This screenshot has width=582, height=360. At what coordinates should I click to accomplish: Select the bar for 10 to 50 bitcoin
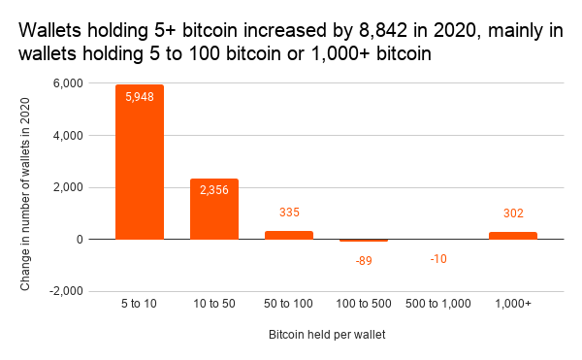click(x=214, y=209)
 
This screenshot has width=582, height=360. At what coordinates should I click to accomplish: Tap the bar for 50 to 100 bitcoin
click(x=289, y=235)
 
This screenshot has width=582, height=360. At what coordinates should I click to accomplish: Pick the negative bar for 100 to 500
click(x=364, y=241)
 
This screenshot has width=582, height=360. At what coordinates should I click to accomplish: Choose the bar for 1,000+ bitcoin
click(x=513, y=235)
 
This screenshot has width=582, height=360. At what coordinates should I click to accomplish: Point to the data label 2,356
click(x=214, y=190)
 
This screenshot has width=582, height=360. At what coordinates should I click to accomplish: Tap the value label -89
click(x=364, y=260)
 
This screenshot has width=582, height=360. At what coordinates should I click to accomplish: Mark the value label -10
click(x=438, y=258)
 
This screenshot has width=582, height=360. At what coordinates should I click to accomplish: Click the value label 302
click(x=513, y=213)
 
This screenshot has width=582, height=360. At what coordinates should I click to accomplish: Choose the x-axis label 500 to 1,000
click(x=438, y=305)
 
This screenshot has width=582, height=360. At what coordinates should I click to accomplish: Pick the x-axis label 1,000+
click(x=513, y=305)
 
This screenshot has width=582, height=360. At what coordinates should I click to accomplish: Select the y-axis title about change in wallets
click(x=26, y=187)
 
